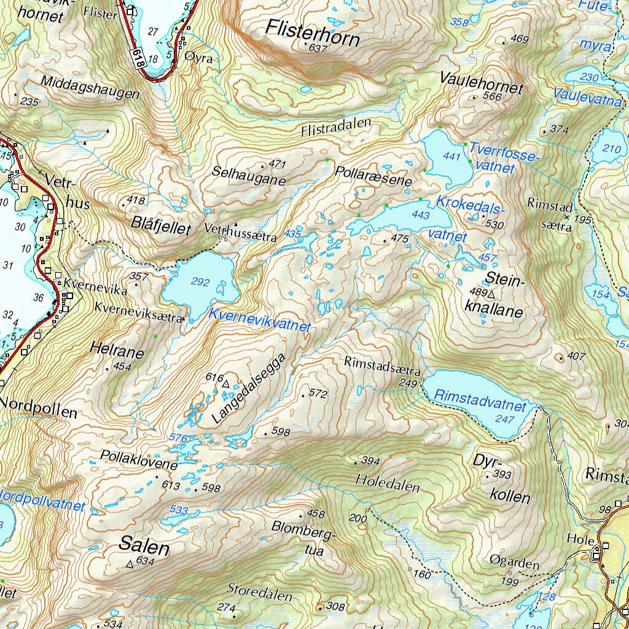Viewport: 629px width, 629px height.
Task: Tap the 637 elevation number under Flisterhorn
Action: [318, 49]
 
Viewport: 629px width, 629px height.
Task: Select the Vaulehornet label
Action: [481, 82]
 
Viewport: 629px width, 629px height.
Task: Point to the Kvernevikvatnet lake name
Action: [260, 320]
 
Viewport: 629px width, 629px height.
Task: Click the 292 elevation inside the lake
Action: [200, 283]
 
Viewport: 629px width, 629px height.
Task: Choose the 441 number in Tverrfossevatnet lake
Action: [451, 158]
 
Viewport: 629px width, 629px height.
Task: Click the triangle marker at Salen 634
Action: [130, 563]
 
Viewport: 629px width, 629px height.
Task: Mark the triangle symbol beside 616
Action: [225, 384]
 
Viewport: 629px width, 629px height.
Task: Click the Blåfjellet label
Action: [162, 226]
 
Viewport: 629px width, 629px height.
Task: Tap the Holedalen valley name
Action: [388, 483]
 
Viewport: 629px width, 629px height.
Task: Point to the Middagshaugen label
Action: [90, 88]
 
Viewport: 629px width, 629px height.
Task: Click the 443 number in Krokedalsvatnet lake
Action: [421, 215]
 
